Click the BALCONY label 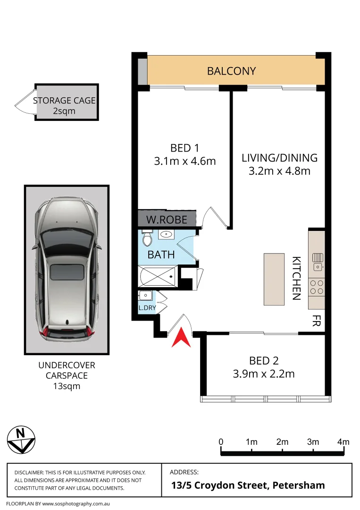pos(231,71)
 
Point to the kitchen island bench pos(275,279)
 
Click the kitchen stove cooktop pos(317,287)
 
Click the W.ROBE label pos(167,220)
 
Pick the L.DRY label pos(146,308)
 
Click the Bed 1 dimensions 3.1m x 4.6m pos(184,161)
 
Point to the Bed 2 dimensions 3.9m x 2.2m pos(264,374)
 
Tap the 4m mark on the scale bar pos(343,442)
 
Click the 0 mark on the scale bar pos(221,442)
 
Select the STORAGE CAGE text pos(64,101)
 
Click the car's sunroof pos(67,272)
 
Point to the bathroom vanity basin pos(167,234)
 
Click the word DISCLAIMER pos(29,473)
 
